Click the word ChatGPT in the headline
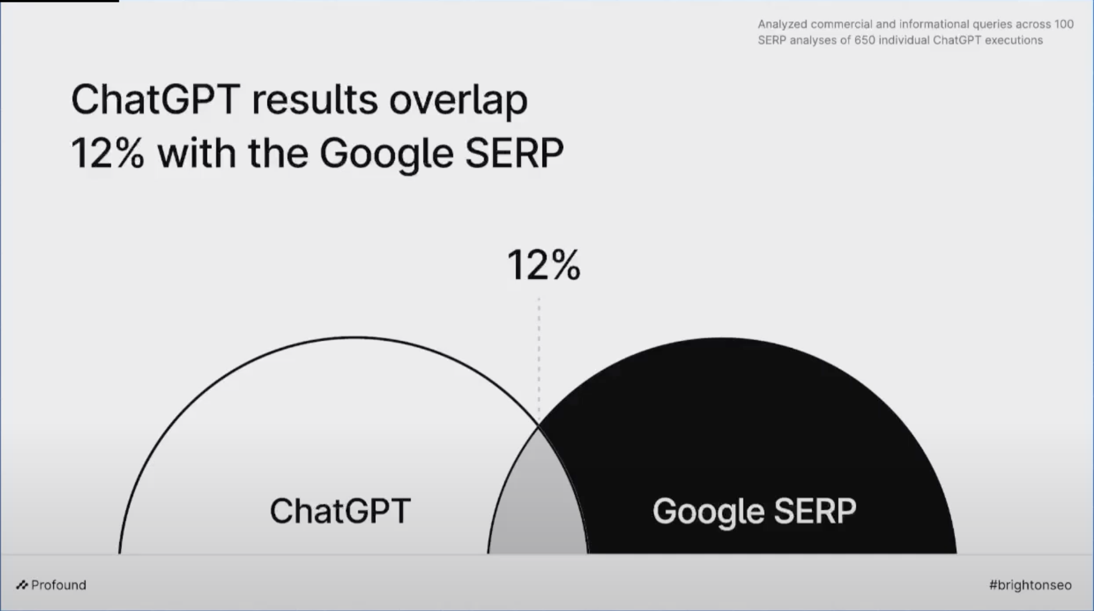pos(155,100)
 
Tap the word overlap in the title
pos(458,101)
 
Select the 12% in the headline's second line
pos(107,153)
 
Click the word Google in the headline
pos(386,154)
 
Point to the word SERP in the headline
pos(514,153)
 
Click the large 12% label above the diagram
pos(544,265)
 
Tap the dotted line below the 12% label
pos(539,358)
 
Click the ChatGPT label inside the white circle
pos(340,511)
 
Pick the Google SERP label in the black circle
pos(754,511)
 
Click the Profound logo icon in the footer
pos(22,585)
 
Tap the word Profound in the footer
pos(59,585)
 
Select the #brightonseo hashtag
pos(1030,585)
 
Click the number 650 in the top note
pos(864,40)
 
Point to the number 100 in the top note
pos(1064,24)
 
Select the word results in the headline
pos(315,100)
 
